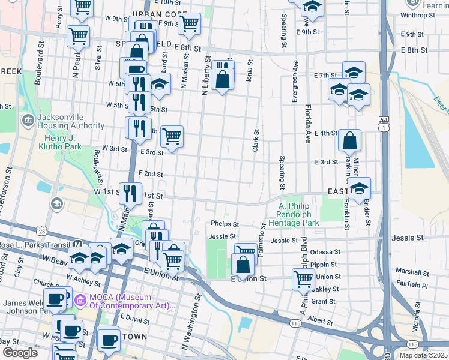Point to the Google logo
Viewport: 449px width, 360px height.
(20, 352)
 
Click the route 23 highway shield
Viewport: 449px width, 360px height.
(41, 231)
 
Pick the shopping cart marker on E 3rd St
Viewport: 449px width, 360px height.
(172, 137)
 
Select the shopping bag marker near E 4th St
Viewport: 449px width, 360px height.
(349, 141)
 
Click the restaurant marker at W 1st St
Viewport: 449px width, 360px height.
(130, 193)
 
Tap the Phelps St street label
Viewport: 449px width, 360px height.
(225, 224)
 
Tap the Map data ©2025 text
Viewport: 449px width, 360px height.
(424, 355)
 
